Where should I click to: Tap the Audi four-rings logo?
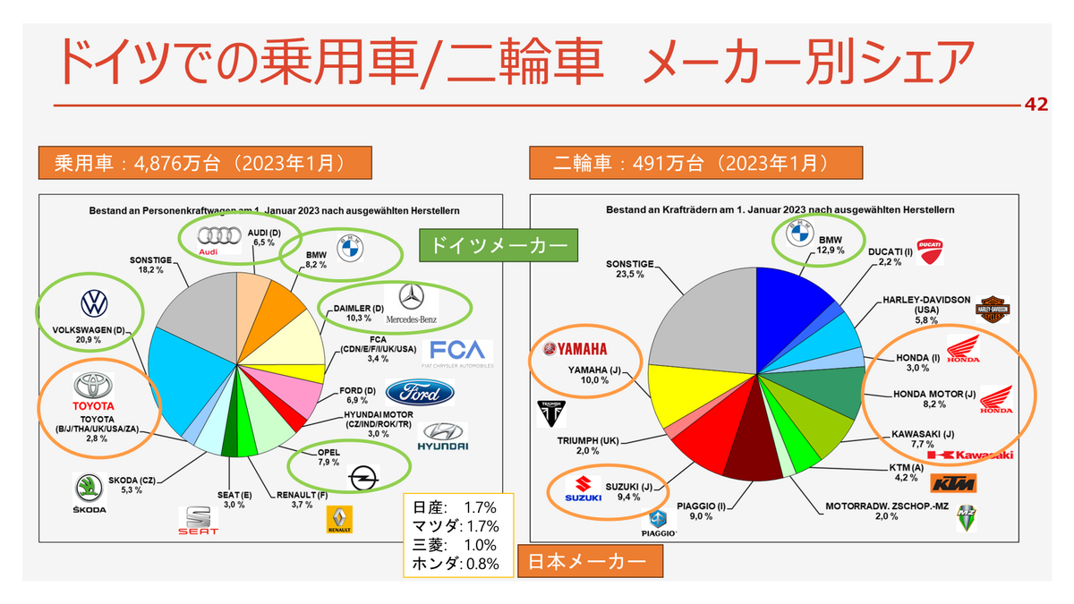(208, 239)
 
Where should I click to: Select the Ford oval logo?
(419, 392)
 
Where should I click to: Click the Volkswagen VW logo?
(94, 303)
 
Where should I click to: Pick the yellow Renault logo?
(339, 519)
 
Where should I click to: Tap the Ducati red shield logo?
(931, 251)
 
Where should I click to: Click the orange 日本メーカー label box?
(594, 562)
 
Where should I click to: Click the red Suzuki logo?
(583, 490)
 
